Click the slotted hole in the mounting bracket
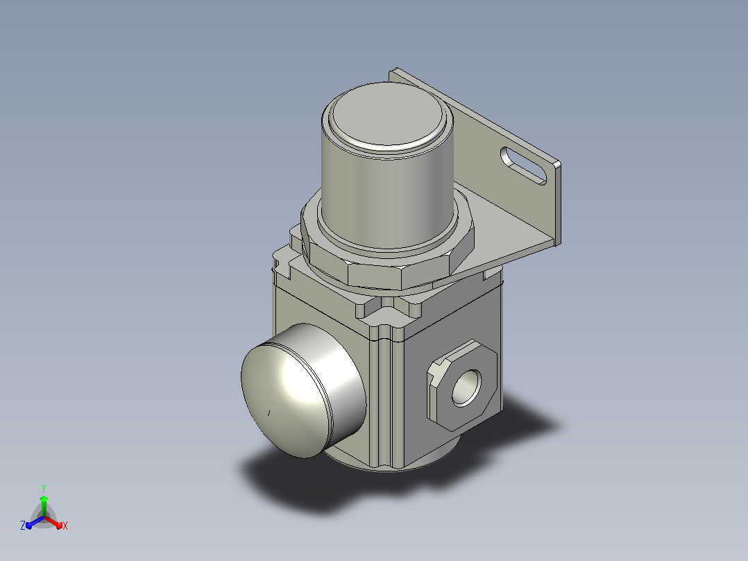[x=523, y=165]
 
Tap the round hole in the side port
[x=466, y=387]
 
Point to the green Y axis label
[x=44, y=488]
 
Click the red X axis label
[x=65, y=526]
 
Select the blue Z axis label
[x=23, y=525]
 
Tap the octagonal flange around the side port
[x=461, y=385]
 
